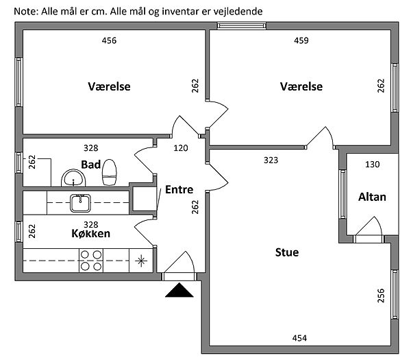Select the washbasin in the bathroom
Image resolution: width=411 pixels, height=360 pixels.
coord(72,179)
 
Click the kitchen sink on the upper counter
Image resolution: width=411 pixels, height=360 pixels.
coord(81,202)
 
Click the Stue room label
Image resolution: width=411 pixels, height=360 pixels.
coord(286,252)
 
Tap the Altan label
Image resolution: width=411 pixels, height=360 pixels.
coord(372,197)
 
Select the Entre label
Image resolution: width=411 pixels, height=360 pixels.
coord(179,190)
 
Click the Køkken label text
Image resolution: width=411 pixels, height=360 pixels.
coord(91,233)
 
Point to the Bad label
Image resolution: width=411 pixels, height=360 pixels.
coord(91,165)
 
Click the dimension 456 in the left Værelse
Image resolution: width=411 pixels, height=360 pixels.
coord(109,40)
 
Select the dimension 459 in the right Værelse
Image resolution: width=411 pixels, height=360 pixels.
coord(301,40)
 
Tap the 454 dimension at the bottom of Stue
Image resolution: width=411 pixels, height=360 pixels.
coord(299,338)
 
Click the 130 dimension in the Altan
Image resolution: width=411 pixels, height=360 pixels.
coord(372,165)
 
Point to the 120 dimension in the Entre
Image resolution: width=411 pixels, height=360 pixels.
coord(181,147)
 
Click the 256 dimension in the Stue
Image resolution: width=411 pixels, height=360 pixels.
coord(381,296)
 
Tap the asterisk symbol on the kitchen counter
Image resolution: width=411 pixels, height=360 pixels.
coord(142,260)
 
